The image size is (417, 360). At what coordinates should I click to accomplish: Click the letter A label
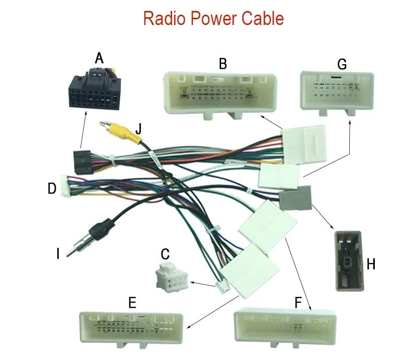point(99,58)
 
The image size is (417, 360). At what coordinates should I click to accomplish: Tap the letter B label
point(223,64)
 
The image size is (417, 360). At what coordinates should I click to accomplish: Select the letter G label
point(342,64)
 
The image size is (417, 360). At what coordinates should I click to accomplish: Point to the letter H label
point(371,264)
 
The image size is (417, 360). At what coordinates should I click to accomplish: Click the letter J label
point(138,128)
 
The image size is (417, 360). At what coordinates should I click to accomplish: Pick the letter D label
point(52,188)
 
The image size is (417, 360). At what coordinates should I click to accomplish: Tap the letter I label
point(58,254)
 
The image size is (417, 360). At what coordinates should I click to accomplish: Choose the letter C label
point(165,255)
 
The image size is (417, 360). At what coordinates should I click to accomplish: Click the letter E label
point(132,302)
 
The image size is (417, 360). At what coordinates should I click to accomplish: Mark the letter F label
point(298,302)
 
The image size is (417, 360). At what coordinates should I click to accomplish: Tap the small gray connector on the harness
point(295,198)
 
